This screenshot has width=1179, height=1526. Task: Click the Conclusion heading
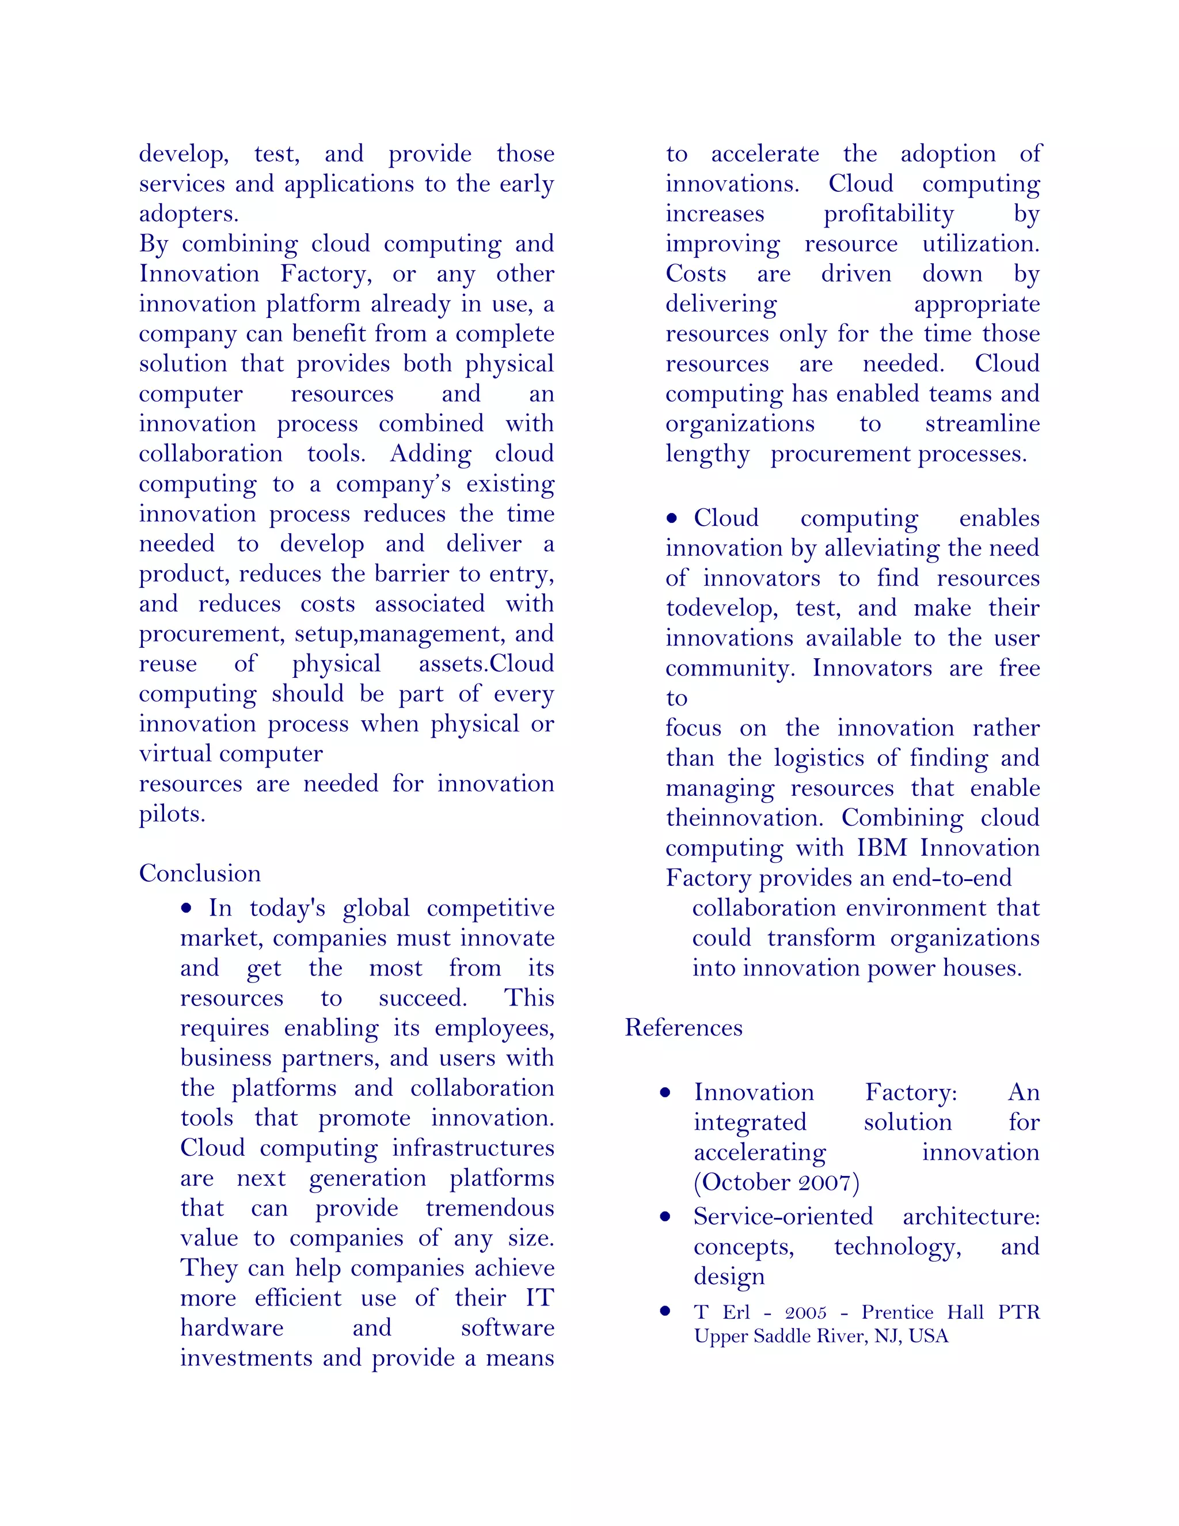click(x=200, y=874)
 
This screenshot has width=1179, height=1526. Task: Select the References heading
click(x=683, y=1028)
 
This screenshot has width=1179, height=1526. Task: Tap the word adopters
click(x=189, y=214)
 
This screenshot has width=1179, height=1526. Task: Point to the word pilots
click(x=172, y=814)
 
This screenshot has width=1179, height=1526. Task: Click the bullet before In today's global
click(x=186, y=908)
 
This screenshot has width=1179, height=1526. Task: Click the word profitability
click(x=888, y=214)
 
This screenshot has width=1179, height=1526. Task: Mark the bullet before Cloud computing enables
click(x=672, y=518)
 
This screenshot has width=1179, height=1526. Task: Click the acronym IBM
click(x=881, y=848)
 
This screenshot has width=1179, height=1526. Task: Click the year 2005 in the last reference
click(x=805, y=1313)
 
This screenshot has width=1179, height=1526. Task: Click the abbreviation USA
click(x=928, y=1337)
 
